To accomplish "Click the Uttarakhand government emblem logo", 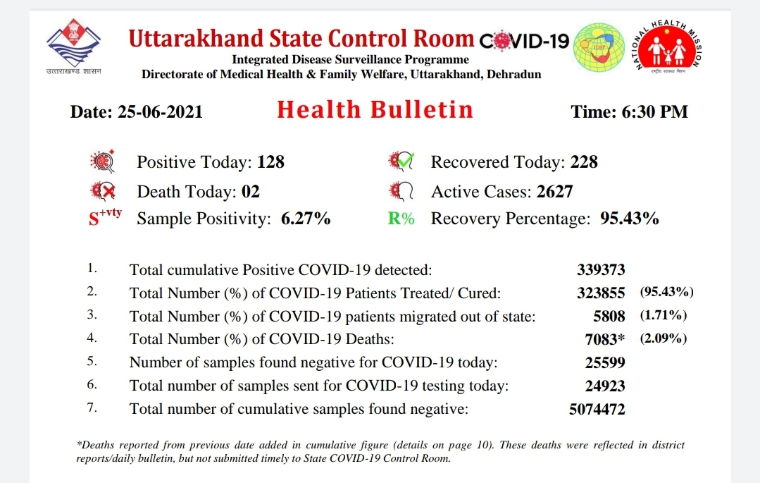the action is click(74, 43).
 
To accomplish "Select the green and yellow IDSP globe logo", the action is click(599, 48).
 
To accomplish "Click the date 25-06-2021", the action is click(160, 111).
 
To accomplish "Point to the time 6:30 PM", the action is click(655, 111).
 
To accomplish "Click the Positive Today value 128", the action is click(270, 161).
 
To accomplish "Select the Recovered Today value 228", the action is click(584, 161).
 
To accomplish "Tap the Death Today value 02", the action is click(251, 191).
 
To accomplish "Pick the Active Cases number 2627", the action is click(554, 191).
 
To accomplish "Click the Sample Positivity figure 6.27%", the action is click(306, 219).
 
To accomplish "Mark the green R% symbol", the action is click(401, 219).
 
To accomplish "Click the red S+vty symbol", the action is click(105, 217).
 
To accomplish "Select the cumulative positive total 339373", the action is click(601, 269).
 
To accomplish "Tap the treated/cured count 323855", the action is click(601, 293).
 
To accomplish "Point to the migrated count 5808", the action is click(609, 316).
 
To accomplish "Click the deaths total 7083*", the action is click(604, 339).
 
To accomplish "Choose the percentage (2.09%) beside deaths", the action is click(664, 338).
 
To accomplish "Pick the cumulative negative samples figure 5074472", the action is click(597, 409).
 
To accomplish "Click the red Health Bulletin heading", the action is click(375, 110).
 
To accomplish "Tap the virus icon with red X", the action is click(103, 191).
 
